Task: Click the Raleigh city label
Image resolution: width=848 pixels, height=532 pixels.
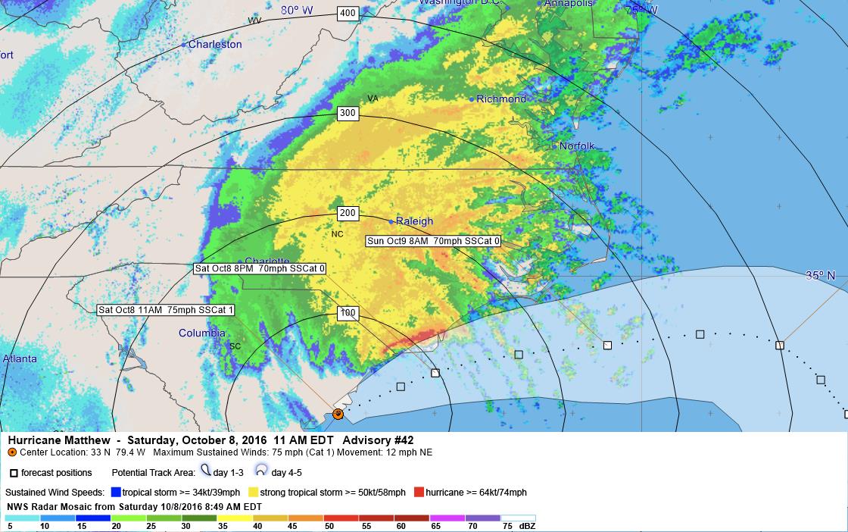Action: click(x=414, y=221)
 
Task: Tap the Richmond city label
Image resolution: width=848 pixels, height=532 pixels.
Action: click(x=501, y=99)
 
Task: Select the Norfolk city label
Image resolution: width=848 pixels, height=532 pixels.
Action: click(x=577, y=146)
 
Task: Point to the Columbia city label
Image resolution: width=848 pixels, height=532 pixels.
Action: click(x=201, y=333)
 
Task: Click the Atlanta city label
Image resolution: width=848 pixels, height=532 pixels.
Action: click(x=20, y=359)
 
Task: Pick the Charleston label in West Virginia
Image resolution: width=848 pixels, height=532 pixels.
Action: click(x=215, y=45)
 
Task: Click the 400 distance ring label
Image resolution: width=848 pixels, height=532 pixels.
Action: click(x=348, y=13)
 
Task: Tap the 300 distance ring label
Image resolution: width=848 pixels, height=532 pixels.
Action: click(x=348, y=114)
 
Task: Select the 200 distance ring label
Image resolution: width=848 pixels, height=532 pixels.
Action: click(x=348, y=214)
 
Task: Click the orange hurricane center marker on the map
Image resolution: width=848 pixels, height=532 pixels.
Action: click(x=338, y=414)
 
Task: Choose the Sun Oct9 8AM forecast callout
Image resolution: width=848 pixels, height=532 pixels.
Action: click(x=433, y=241)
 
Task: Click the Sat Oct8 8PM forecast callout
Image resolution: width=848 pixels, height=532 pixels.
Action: click(x=260, y=268)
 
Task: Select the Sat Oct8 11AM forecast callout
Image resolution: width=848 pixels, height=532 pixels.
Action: click(x=167, y=309)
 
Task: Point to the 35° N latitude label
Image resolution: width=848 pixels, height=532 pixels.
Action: click(x=820, y=276)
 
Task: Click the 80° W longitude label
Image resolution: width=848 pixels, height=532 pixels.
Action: click(x=296, y=11)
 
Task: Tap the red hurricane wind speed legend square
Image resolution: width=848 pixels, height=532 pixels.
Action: click(x=419, y=493)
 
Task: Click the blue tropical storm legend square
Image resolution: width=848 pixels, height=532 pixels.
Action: click(x=116, y=493)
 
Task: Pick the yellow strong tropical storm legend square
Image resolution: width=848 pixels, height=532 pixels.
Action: click(x=254, y=493)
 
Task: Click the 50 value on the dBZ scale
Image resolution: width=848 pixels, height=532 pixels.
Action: click(x=329, y=526)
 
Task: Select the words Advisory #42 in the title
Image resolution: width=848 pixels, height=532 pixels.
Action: click(x=378, y=440)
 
